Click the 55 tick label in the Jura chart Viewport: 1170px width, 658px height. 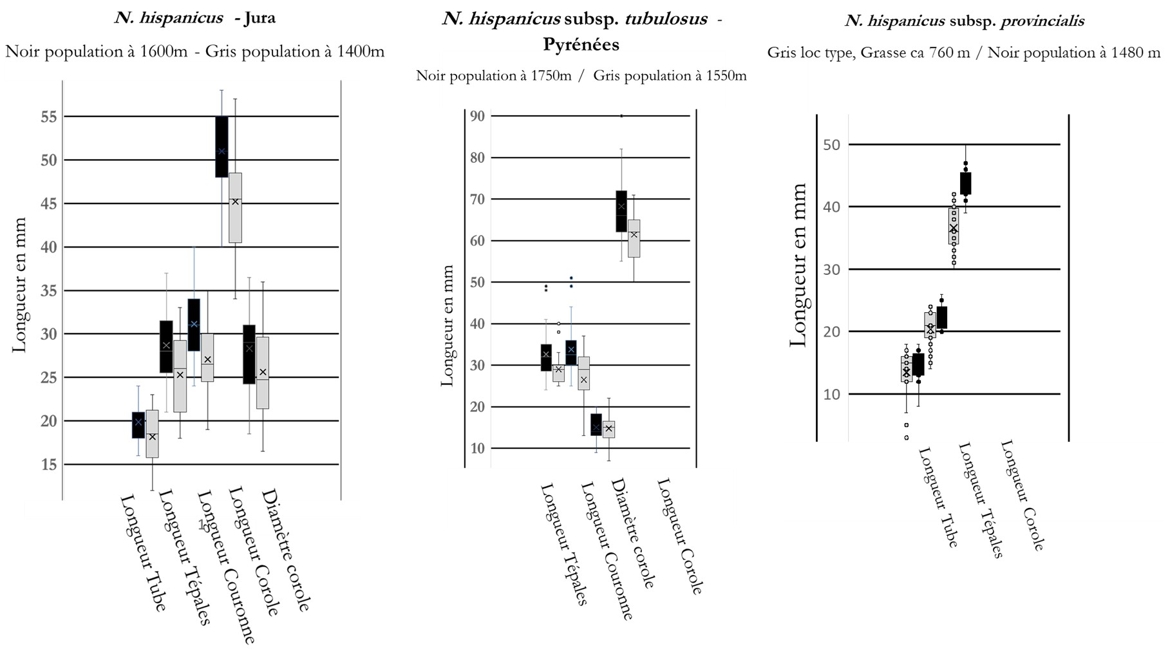click(x=49, y=117)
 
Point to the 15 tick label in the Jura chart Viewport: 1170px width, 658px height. click(x=49, y=464)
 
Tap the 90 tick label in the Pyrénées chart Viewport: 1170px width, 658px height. click(x=478, y=116)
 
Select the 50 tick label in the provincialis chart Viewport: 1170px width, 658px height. click(x=831, y=144)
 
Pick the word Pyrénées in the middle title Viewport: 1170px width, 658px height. click(x=581, y=44)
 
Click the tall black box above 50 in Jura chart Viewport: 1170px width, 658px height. click(x=222, y=146)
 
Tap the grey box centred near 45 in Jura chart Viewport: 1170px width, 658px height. click(x=235, y=207)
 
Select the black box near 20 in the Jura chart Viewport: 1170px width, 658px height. click(x=138, y=425)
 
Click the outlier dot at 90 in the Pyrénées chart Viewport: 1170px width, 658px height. click(x=621, y=116)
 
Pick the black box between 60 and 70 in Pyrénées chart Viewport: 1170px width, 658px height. click(x=621, y=211)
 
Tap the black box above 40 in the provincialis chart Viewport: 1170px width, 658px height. click(x=965, y=183)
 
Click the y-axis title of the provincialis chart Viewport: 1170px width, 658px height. click(x=798, y=265)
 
